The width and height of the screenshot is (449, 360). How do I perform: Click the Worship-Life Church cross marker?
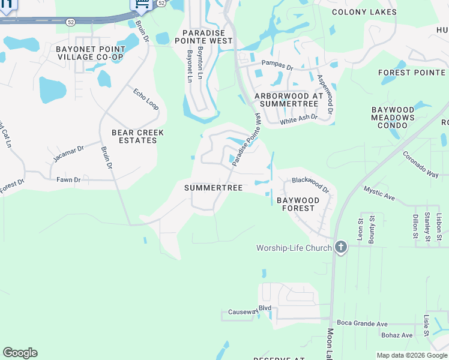341,248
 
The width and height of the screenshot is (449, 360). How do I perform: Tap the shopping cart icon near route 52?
141,5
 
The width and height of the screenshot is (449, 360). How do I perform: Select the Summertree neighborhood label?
213,188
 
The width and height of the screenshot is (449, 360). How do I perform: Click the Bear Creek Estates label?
134,136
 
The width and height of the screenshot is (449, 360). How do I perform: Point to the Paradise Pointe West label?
203,37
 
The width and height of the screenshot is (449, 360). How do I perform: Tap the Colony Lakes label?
364,12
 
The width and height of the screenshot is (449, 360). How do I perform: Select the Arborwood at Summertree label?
289,100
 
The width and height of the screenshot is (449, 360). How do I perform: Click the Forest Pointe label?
412,73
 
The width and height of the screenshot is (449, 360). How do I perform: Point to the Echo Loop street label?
145,99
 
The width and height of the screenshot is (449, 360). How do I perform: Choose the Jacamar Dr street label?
68,153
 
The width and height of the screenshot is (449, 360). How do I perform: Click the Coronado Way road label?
420,163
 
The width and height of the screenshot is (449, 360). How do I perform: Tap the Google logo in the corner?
20,353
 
